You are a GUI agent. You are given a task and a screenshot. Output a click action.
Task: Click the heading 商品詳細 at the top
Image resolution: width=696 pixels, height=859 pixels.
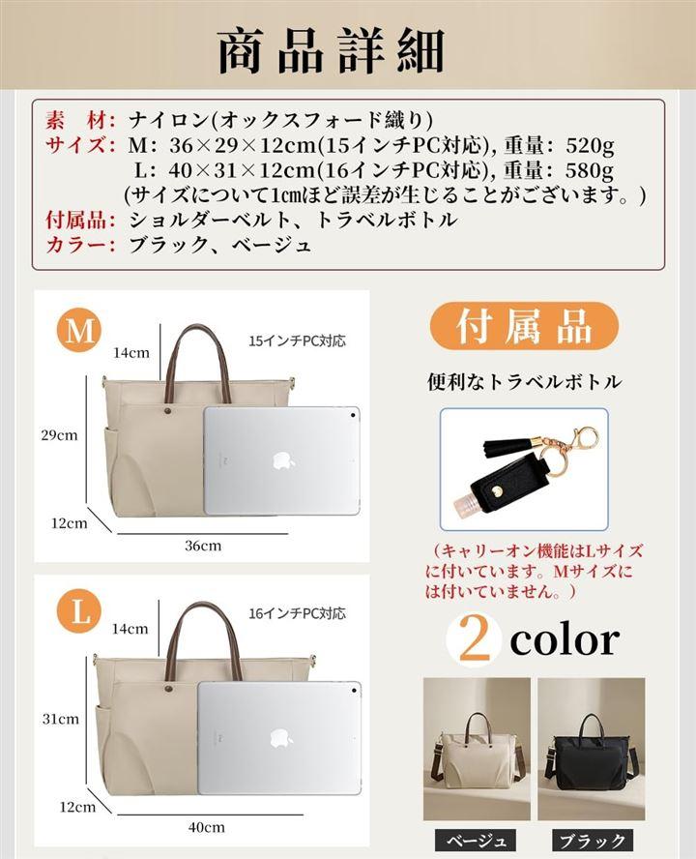(x=331, y=51)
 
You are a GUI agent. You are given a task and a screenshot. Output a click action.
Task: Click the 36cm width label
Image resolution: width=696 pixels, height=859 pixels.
(x=203, y=545)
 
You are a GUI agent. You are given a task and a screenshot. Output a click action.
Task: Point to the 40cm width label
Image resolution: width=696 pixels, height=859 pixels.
(x=207, y=827)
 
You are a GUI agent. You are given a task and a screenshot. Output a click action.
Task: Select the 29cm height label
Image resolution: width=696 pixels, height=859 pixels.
(x=59, y=435)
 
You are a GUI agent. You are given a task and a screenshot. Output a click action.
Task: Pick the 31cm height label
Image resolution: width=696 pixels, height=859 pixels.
(x=60, y=719)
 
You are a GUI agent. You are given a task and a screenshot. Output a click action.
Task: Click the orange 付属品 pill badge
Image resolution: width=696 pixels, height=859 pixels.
(x=524, y=326)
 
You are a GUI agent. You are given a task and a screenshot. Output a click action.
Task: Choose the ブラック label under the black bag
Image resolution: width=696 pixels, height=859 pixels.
(x=592, y=841)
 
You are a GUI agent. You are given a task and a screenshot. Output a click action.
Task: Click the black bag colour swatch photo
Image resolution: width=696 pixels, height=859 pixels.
(x=592, y=749)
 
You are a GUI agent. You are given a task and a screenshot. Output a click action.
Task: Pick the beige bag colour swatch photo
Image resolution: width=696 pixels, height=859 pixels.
(x=477, y=749)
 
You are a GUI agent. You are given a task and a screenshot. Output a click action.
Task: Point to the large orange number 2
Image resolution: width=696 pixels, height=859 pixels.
(x=475, y=638)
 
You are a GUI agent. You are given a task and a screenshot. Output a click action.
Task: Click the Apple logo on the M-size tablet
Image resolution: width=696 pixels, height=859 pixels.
(x=283, y=461)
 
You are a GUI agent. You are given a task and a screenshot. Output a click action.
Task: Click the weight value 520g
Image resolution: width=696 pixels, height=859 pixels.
(x=590, y=145)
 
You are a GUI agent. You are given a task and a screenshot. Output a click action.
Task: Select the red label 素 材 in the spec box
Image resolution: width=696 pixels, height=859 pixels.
(x=80, y=120)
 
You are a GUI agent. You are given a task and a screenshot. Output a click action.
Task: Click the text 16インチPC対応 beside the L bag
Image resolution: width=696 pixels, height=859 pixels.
(x=297, y=613)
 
